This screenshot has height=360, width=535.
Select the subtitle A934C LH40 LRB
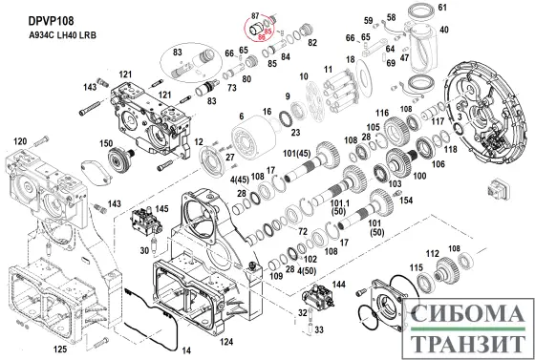coord(53,34)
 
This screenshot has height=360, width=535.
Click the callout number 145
coord(162,209)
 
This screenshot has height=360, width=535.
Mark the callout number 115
coord(416,266)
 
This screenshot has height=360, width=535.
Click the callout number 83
coord(177,51)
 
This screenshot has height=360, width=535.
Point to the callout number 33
coord(319,328)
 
